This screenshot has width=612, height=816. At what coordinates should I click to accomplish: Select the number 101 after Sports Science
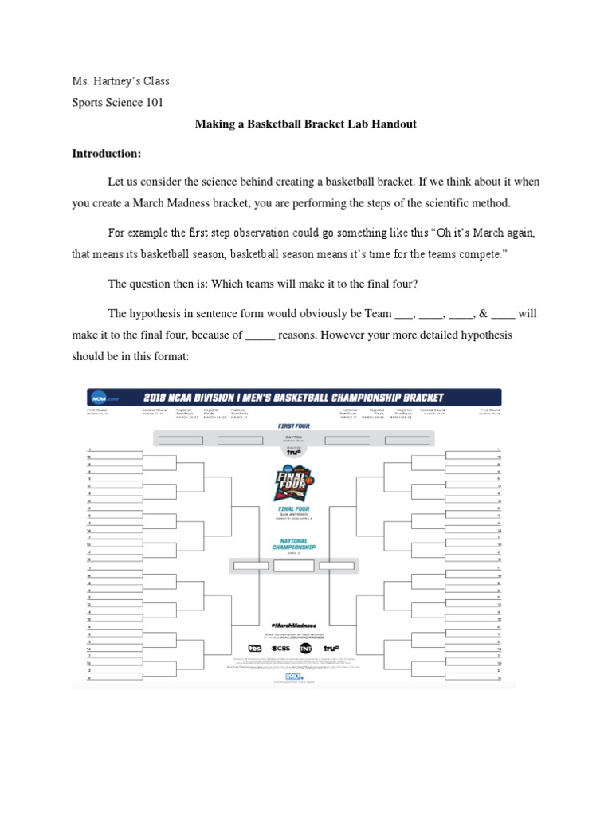tap(152, 103)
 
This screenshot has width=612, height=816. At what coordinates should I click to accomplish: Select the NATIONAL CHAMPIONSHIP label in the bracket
tap(293, 546)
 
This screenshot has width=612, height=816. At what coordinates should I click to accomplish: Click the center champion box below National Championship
tap(293, 566)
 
